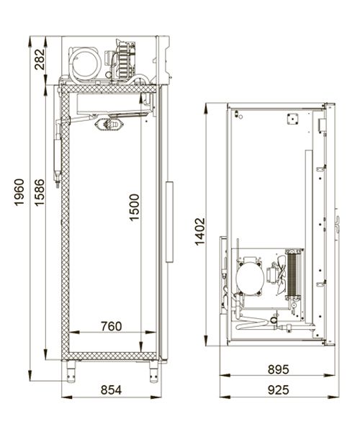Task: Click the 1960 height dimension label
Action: [x=19, y=192]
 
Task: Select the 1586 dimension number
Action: [x=40, y=192]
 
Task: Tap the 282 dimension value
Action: [x=40, y=59]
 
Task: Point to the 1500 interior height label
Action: [x=134, y=207]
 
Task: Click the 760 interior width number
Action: [x=112, y=326]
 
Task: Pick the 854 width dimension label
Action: [x=112, y=390]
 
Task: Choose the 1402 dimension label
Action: [x=200, y=231]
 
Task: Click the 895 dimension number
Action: [x=279, y=369]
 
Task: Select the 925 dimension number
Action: [x=279, y=390]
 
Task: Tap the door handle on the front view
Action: [x=169, y=222]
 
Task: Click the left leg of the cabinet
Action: [x=71, y=372]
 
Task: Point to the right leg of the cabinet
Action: [x=153, y=372]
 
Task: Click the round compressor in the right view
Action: [x=250, y=278]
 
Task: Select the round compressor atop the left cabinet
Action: [x=85, y=63]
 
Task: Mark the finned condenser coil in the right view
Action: [x=294, y=274]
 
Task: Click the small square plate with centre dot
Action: [x=292, y=119]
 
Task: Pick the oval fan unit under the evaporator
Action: [x=109, y=124]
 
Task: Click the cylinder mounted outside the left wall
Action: [x=58, y=155]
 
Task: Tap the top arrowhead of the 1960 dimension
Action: [x=30, y=41]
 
